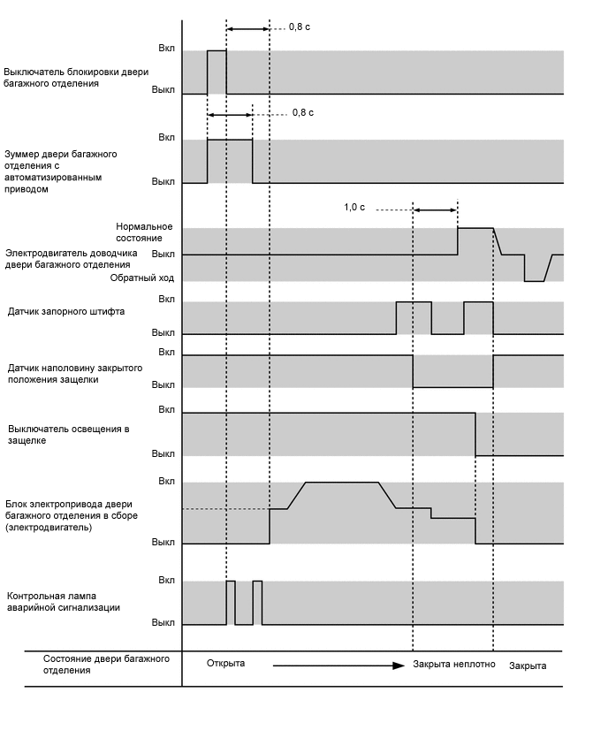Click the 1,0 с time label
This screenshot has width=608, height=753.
pyautogui.click(x=353, y=208)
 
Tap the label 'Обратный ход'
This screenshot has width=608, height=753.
pyautogui.click(x=141, y=278)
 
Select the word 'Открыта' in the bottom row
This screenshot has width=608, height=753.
pyautogui.click(x=225, y=664)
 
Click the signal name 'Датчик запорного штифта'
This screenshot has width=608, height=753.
pyautogui.click(x=66, y=312)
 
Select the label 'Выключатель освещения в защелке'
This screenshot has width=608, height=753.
pyautogui.click(x=69, y=435)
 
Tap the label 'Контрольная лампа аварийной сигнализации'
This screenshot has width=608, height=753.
pyautogui.click(x=64, y=602)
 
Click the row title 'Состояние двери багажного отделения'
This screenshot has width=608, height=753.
pyautogui.click(x=106, y=665)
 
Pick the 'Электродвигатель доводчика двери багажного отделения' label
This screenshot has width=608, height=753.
pyautogui.click(x=69, y=258)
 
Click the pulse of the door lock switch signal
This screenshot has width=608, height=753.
pyautogui.click(x=217, y=72)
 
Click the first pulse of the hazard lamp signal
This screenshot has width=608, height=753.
pyautogui.click(x=231, y=603)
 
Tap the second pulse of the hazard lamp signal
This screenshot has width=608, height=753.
pyautogui.click(x=257, y=603)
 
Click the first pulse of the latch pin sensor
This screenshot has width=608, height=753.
pyautogui.click(x=414, y=318)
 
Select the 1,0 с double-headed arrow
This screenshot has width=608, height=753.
pyautogui.click(x=435, y=209)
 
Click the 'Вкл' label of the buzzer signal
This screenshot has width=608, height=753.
pyautogui.click(x=166, y=138)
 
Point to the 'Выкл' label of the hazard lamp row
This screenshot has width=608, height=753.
pyautogui.click(x=163, y=622)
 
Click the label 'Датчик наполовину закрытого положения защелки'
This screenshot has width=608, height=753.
pyautogui.click(x=75, y=373)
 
